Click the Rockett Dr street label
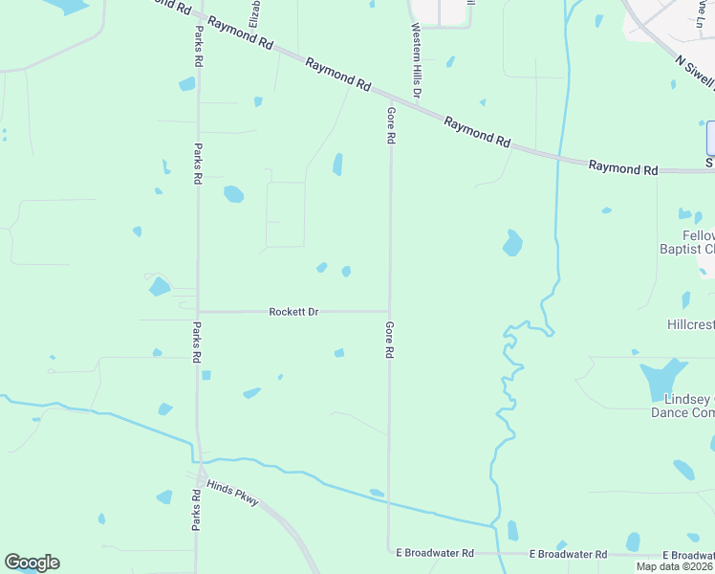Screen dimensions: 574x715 pyautogui.click(x=293, y=312)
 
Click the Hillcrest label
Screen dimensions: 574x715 pyautogui.click(x=690, y=324)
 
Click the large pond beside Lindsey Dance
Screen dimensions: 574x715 pyautogui.click(x=663, y=380)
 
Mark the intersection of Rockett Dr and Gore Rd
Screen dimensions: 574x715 pyautogui.click(x=389, y=311)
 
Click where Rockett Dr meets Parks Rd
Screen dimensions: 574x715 pyautogui.click(x=198, y=311)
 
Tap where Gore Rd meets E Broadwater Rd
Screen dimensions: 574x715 pyautogui.click(x=389, y=552)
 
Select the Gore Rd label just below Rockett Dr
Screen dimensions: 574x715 pyautogui.click(x=390, y=340)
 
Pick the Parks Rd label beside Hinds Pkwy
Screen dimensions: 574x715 pyautogui.click(x=196, y=511)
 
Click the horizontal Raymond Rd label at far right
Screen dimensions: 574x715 pyautogui.click(x=623, y=168)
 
